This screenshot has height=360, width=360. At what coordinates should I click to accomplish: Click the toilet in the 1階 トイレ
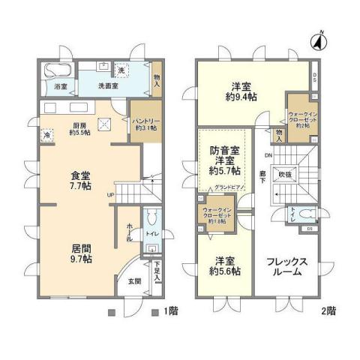tap(152, 217)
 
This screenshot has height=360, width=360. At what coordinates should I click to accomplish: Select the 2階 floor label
tap(331, 310)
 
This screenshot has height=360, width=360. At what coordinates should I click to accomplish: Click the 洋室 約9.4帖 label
tap(241, 91)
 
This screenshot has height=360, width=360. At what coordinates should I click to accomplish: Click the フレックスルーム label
tap(285, 268)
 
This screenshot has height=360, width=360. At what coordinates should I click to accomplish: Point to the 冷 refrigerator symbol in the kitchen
tap(48, 136)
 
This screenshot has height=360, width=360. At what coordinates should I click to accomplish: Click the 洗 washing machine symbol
tap(121, 70)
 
